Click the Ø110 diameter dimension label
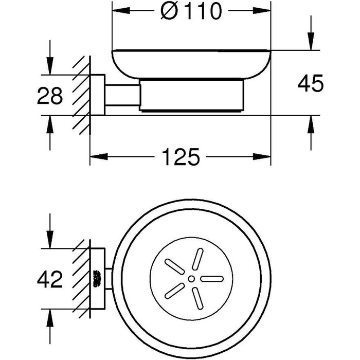point(191,11)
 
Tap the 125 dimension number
point(181,157)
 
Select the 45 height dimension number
point(310,83)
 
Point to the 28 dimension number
point(49,96)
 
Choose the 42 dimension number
point(49,279)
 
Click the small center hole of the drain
point(191,279)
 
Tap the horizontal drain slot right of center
point(212,279)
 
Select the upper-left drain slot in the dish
point(175,267)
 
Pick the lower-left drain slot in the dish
point(175,291)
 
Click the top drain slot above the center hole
point(197,259)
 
